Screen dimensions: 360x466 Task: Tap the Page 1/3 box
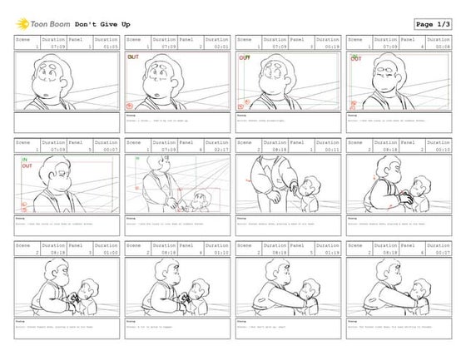434,24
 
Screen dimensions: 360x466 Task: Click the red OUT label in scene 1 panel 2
132,57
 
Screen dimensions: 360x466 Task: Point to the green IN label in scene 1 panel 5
25,159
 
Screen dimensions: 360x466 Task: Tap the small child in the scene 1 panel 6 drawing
200,199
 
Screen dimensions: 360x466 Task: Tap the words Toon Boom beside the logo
50,24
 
